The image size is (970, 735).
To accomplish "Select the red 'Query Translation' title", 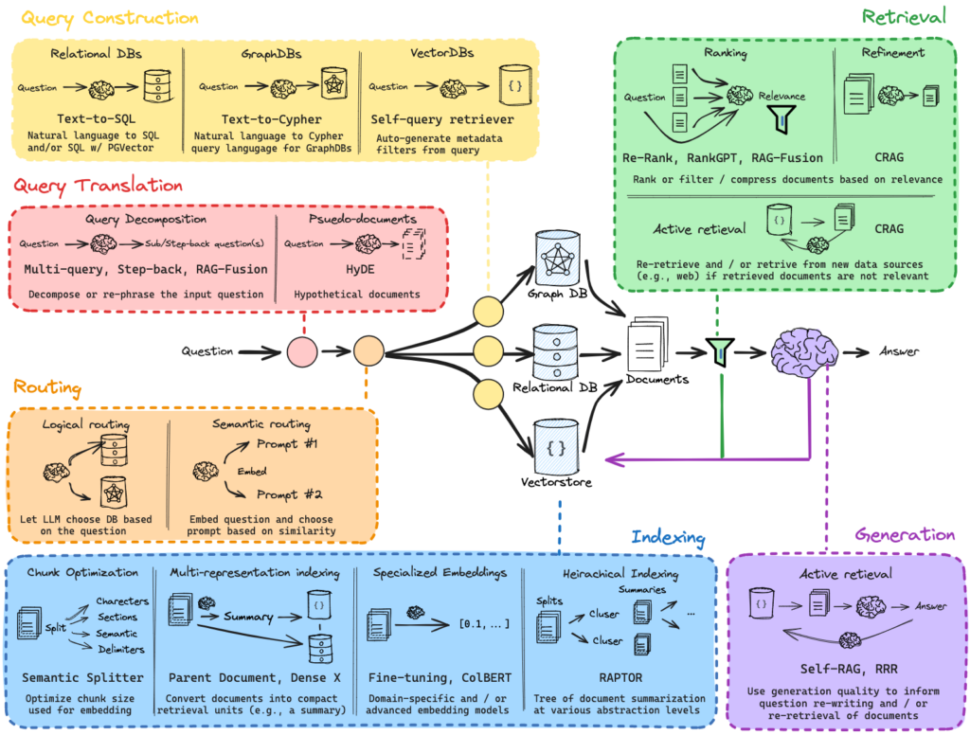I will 99,185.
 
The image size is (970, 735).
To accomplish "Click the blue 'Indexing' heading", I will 668,538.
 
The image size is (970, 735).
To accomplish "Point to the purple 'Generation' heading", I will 905,534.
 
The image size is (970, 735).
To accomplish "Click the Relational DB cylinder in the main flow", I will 554,351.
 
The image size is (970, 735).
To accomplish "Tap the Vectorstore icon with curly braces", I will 555,446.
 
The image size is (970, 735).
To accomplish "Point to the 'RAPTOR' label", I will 620,677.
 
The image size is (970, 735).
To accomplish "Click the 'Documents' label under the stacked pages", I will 656,380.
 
